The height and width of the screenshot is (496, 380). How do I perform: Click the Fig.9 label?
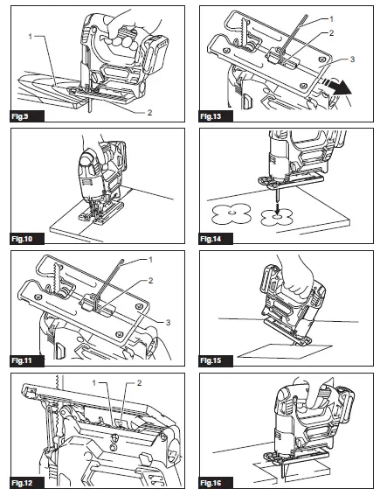coord(20,116)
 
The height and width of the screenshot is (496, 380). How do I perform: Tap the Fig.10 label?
coord(22,239)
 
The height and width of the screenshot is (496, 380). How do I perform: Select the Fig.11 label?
coord(22,360)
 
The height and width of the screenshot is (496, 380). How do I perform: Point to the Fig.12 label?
coord(22,483)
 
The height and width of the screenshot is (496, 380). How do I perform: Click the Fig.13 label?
coord(211,116)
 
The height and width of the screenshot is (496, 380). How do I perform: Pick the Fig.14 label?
coord(211,239)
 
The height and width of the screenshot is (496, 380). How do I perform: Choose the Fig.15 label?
coord(211,360)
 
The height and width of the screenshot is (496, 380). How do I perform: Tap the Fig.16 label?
coord(211,483)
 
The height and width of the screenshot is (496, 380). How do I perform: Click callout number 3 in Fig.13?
coord(352,59)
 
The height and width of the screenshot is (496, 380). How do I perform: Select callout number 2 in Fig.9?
coord(149,112)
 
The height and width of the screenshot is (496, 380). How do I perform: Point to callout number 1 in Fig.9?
coord(31,37)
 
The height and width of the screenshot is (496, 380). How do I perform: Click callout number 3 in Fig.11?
coord(168,322)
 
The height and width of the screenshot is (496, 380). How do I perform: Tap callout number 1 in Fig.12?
coord(93,383)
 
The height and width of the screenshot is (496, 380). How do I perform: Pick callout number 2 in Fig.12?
coord(139,383)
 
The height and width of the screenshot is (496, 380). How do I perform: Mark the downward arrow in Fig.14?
coord(277,208)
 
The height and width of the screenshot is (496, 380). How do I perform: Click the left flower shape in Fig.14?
coord(231,213)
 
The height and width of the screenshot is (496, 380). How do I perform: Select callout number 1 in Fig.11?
coord(150,260)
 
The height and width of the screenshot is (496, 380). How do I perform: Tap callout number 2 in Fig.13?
coord(331,33)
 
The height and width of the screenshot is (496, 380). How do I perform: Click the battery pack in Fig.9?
coord(155,53)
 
